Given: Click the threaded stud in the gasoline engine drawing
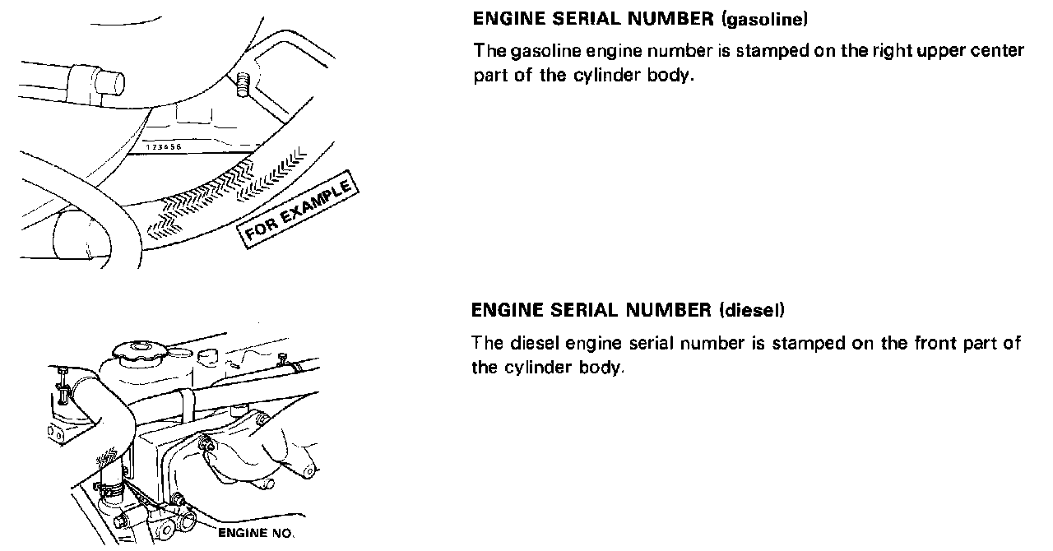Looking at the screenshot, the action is pyautogui.click(x=243, y=83).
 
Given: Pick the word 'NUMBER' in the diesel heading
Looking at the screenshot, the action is pyautogui.click(x=666, y=310).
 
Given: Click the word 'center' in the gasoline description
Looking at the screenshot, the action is pyautogui.click(x=997, y=51).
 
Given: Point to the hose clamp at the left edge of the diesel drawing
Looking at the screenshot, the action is pyautogui.click(x=62, y=387).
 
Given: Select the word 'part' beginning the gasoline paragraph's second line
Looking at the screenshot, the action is pyautogui.click(x=488, y=76).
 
